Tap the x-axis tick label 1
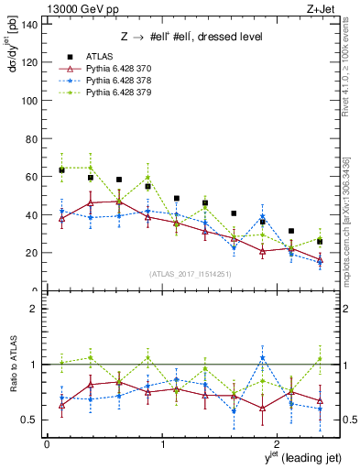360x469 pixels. (162, 444)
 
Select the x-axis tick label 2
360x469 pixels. (277, 444)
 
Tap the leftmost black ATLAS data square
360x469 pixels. (61, 169)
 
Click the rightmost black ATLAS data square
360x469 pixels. (319, 242)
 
